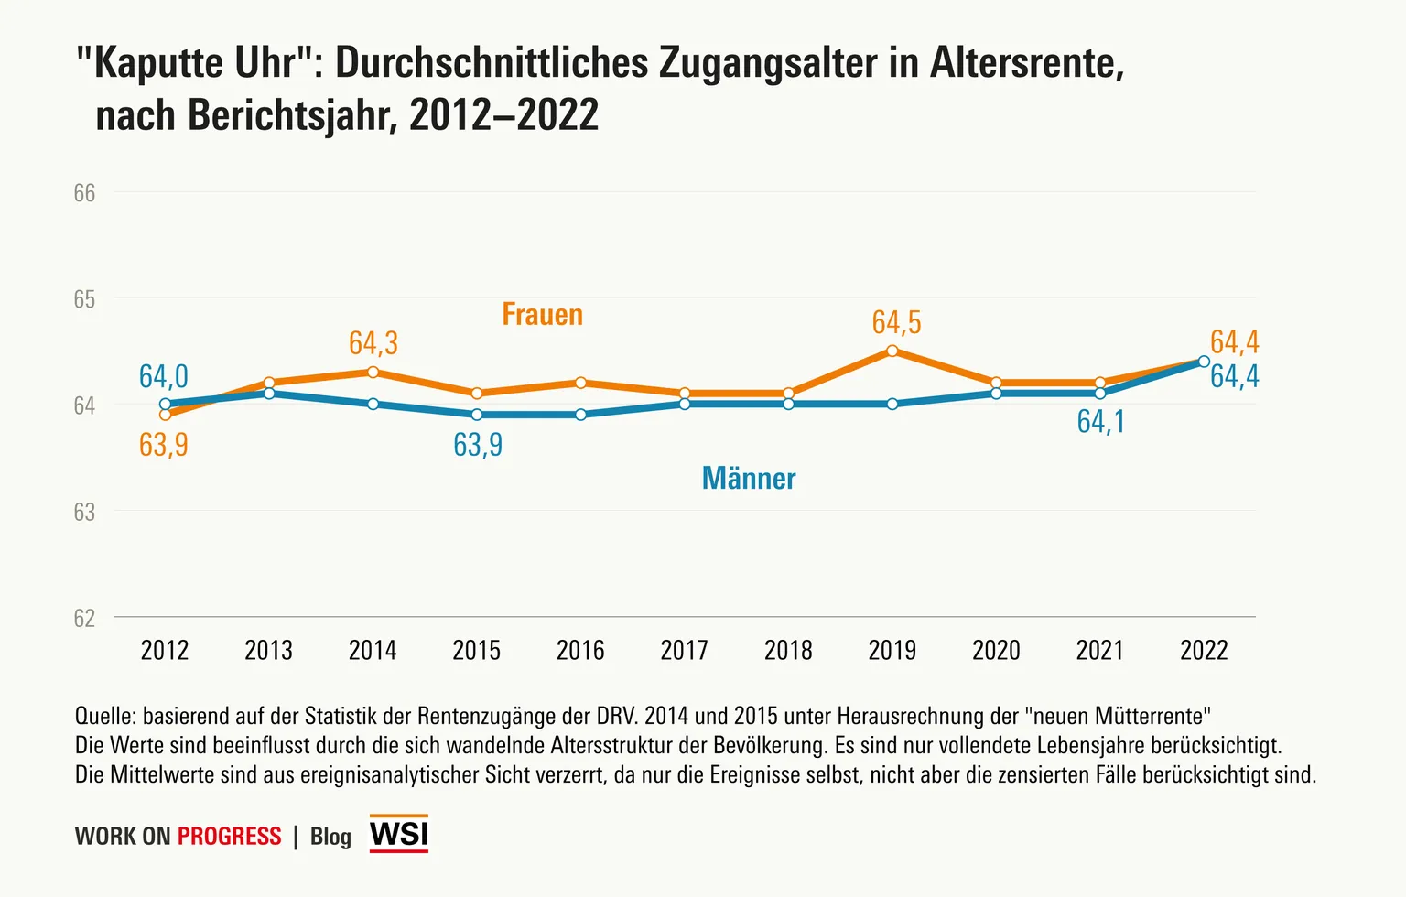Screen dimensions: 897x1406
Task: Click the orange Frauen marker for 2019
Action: (x=892, y=351)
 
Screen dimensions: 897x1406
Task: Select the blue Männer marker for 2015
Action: (x=476, y=415)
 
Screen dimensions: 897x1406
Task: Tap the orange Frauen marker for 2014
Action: (x=373, y=372)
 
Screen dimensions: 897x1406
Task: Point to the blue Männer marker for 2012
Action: (x=165, y=404)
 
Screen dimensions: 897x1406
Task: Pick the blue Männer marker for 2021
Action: (x=1099, y=394)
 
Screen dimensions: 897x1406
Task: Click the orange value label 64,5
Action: (x=896, y=322)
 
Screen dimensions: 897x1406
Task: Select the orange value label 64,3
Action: (x=373, y=343)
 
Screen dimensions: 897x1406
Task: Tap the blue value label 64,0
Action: (x=163, y=376)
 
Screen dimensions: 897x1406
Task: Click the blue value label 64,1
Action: (x=1100, y=421)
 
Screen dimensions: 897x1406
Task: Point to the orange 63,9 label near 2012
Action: (x=163, y=445)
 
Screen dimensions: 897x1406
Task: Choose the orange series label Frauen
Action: (x=542, y=315)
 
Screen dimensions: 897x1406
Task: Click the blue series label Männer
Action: (x=748, y=479)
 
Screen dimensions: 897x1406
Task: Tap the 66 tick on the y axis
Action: (x=84, y=193)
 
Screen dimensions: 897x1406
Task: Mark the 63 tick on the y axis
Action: (x=84, y=512)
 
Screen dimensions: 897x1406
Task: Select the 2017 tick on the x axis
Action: (x=684, y=651)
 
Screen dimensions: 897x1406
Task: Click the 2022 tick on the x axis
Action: (x=1203, y=651)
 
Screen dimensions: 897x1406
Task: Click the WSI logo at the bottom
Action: (x=398, y=834)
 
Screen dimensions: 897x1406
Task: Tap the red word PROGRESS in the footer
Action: (x=229, y=837)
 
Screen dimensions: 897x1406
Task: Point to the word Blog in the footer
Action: (x=330, y=837)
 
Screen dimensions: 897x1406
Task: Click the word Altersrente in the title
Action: (x=1026, y=63)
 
